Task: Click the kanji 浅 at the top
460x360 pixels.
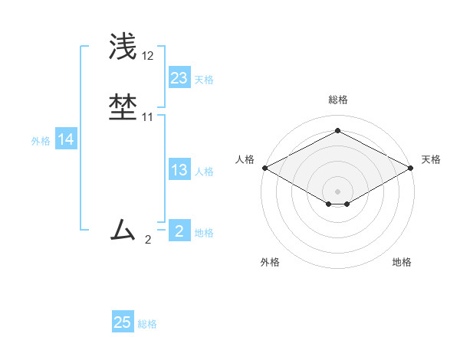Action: click(x=123, y=45)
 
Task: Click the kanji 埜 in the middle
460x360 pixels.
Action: click(x=123, y=106)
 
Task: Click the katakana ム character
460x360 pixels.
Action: click(x=123, y=229)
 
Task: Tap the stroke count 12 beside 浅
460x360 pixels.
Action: click(x=147, y=56)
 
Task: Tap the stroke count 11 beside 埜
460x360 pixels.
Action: click(x=147, y=117)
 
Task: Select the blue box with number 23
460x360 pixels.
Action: click(x=179, y=77)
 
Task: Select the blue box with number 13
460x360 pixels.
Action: click(x=179, y=170)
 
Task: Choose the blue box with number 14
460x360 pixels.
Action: click(x=66, y=139)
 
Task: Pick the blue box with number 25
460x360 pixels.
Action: click(x=123, y=322)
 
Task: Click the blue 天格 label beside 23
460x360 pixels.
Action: click(x=204, y=80)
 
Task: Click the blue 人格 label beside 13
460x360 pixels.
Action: click(x=204, y=172)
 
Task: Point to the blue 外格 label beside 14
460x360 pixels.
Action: click(x=41, y=141)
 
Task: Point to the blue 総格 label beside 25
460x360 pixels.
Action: click(x=147, y=324)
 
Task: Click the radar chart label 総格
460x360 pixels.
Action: click(x=337, y=100)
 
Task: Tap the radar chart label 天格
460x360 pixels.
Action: click(x=431, y=159)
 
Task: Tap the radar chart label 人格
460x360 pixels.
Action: click(x=245, y=159)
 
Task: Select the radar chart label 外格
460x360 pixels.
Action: click(x=270, y=262)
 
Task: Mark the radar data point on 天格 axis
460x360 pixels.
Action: click(x=411, y=168)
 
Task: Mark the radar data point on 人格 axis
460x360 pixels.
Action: click(x=264, y=168)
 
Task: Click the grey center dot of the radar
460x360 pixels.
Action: click(x=337, y=191)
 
